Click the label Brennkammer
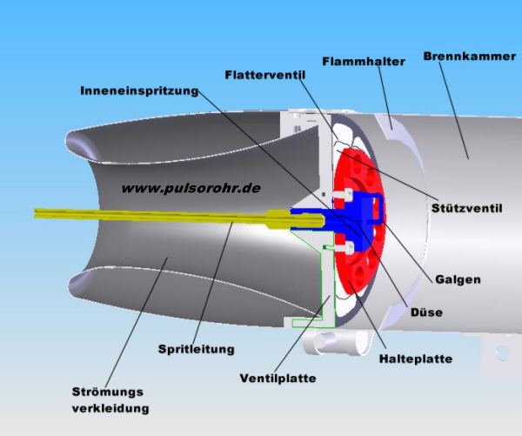tap(463, 57)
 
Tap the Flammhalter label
tap(360, 62)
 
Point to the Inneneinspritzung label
tap(139, 91)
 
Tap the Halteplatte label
tap(415, 358)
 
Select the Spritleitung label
tap(196, 350)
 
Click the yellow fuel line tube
tap(130, 215)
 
